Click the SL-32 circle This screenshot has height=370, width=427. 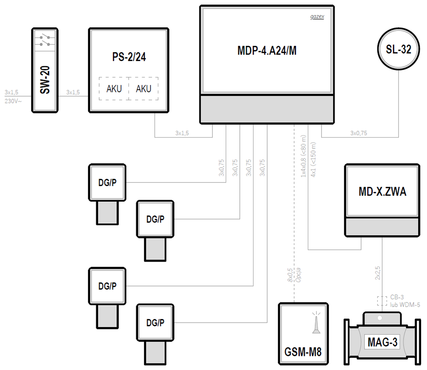pyautogui.click(x=398, y=50)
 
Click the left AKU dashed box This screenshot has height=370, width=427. pyautogui.click(x=114, y=89)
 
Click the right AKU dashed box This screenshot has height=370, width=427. pyautogui.click(x=143, y=89)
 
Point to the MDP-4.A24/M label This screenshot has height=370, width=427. pyautogui.click(x=267, y=51)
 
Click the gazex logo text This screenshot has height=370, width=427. pyautogui.click(x=317, y=17)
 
